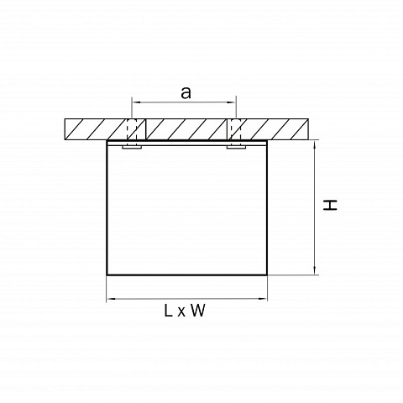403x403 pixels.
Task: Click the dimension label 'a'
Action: (186, 93)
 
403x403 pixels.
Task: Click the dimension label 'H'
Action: (330, 205)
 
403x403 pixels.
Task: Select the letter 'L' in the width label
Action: (168, 311)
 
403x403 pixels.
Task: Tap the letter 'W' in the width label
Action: (198, 311)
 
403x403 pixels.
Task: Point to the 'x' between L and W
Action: (181, 312)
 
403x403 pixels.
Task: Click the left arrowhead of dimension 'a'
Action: (135, 102)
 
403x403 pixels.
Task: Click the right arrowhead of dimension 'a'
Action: (233, 102)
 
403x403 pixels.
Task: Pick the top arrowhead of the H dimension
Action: (315, 144)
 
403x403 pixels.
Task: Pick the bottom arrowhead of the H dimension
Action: (315, 270)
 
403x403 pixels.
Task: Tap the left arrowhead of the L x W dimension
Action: (111, 299)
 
